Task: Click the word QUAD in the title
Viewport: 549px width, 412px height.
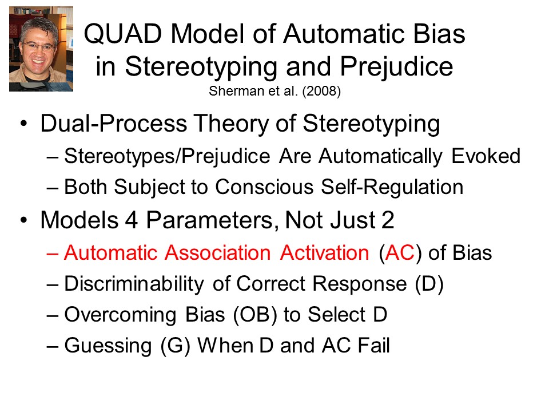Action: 123,34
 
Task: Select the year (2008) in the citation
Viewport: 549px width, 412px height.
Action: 321,91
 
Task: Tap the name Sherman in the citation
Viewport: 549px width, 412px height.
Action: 236,91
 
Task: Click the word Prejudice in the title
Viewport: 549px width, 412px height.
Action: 396,66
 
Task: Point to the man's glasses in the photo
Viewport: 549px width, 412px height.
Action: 38,46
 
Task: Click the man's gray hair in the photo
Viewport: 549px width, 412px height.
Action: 38,27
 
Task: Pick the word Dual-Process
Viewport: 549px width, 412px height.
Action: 114,124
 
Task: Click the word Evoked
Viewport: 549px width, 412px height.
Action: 486,156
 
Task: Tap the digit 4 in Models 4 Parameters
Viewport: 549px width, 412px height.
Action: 132,220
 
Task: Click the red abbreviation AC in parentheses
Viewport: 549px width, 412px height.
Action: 400,252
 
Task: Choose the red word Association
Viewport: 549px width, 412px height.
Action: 218,252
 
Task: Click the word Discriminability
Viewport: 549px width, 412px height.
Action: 134,284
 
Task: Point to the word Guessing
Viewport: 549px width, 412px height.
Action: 108,346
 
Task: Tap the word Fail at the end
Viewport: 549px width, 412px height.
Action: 373,345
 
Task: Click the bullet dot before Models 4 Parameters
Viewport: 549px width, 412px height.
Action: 23,220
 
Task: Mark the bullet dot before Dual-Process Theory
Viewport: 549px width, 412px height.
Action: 23,124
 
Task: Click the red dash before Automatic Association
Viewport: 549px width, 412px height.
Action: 52,253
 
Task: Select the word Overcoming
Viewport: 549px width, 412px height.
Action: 121,315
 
